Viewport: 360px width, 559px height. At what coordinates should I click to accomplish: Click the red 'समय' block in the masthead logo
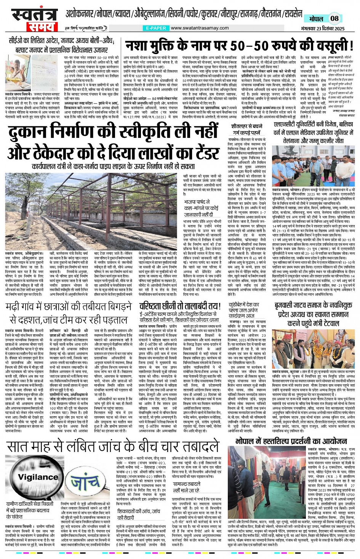[38, 27]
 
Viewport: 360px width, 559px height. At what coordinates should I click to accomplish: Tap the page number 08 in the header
[334, 18]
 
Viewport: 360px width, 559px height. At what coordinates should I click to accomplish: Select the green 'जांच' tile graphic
[83, 483]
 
